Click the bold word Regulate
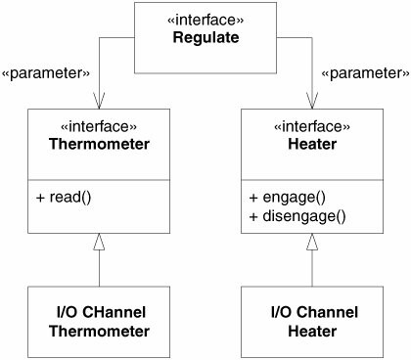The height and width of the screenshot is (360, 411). tap(205, 37)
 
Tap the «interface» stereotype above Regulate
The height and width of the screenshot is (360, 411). tap(205, 21)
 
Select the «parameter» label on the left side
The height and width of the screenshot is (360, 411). tap(46, 73)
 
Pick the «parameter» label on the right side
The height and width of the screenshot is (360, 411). tap(365, 73)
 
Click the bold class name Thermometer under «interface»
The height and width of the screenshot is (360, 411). tap(99, 144)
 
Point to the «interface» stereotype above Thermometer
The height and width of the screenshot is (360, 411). tap(99, 126)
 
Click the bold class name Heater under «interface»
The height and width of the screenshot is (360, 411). tap(312, 144)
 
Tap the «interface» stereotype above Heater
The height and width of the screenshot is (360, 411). tap(312, 126)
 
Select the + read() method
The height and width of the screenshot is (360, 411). tap(64, 198)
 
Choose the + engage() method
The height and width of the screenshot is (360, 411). tap(288, 198)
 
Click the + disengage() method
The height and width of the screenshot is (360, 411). tap(297, 216)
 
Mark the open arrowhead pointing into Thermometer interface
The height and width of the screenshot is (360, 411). tap(99, 101)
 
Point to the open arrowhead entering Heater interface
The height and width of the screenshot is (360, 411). tap(312, 101)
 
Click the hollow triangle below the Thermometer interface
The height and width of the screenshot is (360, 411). tap(99, 243)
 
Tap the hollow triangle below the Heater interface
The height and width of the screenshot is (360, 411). tap(312, 243)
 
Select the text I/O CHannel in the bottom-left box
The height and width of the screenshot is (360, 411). tap(101, 312)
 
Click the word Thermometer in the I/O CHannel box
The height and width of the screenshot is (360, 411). tap(99, 332)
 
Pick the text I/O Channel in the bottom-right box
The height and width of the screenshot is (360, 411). tap(314, 312)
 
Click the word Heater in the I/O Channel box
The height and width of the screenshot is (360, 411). tap(312, 332)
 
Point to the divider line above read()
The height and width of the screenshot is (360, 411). tap(99, 180)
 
